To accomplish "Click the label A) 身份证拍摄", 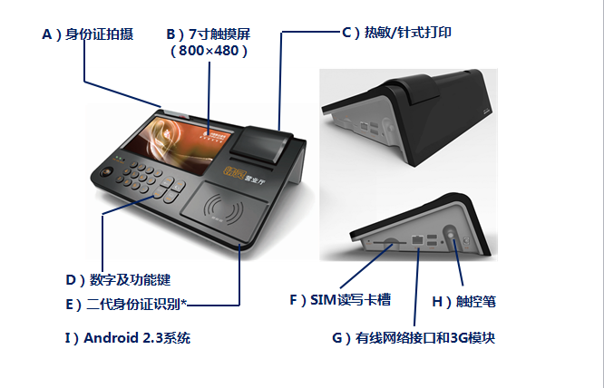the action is tap(88, 34).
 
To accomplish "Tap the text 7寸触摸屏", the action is tap(219, 34).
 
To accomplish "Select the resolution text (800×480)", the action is tap(209, 51).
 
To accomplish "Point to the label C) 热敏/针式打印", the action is tap(396, 33).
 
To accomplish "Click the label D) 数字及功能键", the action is tap(118, 280).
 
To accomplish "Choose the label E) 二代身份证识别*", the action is tap(126, 305).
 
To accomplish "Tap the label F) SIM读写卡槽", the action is tap(340, 299).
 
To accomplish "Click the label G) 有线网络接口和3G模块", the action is tap(414, 338).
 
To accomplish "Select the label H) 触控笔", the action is tap(463, 301).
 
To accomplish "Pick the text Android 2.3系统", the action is tap(137, 338).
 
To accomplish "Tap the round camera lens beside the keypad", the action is tap(107, 171).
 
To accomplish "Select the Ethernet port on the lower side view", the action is tap(417, 240).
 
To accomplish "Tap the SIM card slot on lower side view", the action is tap(390, 243).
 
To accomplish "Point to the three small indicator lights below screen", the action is tap(120, 159).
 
